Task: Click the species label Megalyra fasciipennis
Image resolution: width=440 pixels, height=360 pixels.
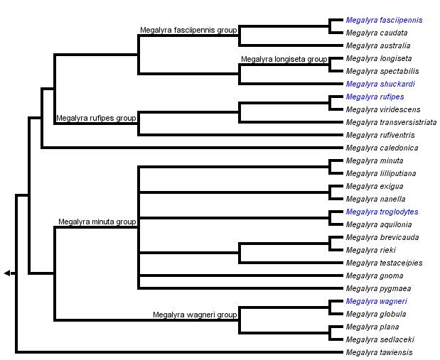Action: click(384, 21)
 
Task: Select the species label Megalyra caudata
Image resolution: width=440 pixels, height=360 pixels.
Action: click(377, 33)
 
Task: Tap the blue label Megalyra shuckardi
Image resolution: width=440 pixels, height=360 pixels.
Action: click(380, 84)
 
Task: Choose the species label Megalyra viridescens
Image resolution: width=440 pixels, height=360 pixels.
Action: click(383, 110)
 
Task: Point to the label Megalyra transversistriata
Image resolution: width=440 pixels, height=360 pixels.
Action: click(392, 123)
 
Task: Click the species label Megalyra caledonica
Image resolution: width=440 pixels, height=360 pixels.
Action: click(382, 148)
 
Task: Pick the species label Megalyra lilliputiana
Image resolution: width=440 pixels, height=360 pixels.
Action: click(381, 174)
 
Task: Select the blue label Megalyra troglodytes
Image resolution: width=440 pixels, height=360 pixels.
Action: click(382, 212)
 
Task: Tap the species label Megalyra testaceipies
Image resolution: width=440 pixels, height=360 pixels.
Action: click(384, 263)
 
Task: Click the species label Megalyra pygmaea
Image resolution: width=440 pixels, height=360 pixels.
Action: click(378, 289)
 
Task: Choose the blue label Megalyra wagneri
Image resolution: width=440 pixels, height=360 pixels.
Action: click(376, 302)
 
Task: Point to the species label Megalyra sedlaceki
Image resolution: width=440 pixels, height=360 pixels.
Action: click(380, 340)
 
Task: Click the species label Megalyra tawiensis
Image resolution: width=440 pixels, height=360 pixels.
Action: click(379, 353)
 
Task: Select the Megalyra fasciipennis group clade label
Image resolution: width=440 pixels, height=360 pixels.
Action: click(188, 30)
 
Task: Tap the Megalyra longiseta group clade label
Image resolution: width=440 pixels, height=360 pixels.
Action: click(284, 59)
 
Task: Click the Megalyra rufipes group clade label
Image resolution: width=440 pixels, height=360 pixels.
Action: click(96, 118)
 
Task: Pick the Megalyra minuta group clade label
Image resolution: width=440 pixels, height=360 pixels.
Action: click(97, 222)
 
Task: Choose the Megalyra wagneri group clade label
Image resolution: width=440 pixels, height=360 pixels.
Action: click(195, 315)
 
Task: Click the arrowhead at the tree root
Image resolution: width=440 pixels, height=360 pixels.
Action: click(7, 273)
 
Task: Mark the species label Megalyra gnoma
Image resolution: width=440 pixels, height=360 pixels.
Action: click(375, 276)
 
